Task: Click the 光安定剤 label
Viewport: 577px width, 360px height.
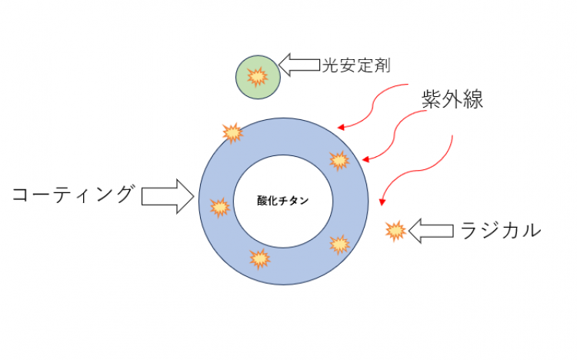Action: click(x=356, y=65)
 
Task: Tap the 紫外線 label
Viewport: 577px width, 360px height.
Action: click(x=452, y=99)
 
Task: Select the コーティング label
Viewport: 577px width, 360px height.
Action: click(x=72, y=194)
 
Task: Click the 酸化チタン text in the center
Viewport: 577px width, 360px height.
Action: click(x=282, y=201)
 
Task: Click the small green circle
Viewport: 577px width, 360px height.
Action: click(x=258, y=77)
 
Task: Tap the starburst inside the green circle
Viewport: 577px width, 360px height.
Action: click(x=257, y=77)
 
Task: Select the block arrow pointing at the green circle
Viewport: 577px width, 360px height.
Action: click(x=299, y=65)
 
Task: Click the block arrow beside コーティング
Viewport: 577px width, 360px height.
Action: click(x=168, y=196)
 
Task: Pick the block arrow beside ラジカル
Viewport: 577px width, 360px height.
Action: click(x=431, y=231)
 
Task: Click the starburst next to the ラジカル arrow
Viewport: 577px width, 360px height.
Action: click(x=395, y=231)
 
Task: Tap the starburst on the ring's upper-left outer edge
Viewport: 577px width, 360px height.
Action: click(x=232, y=133)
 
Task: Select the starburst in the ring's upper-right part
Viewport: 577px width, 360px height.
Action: click(x=339, y=161)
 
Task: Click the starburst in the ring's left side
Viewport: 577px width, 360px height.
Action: click(x=220, y=207)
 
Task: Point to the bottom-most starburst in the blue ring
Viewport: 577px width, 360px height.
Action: click(x=260, y=258)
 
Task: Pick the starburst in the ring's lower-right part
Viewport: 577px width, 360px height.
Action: click(x=339, y=245)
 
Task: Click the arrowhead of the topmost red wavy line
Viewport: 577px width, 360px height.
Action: click(x=341, y=128)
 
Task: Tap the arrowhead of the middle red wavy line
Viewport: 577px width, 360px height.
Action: click(x=365, y=159)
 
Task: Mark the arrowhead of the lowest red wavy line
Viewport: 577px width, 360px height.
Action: click(x=382, y=202)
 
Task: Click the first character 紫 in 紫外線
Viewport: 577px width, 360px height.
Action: click(x=432, y=99)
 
